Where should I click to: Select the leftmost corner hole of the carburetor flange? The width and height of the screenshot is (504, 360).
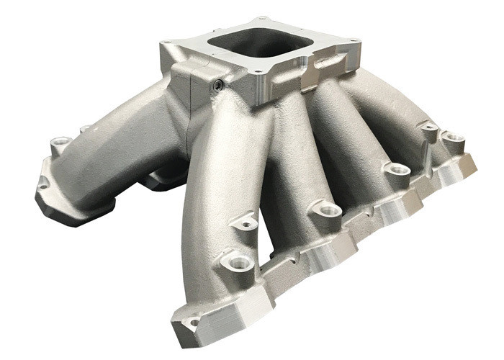(x=167, y=43)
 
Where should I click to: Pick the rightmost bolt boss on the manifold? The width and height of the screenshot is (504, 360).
(x=454, y=136)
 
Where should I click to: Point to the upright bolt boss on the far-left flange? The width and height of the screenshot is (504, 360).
(x=59, y=143)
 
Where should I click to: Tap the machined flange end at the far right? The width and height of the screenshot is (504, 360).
(x=461, y=169)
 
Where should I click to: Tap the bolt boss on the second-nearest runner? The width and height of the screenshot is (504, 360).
(x=328, y=211)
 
